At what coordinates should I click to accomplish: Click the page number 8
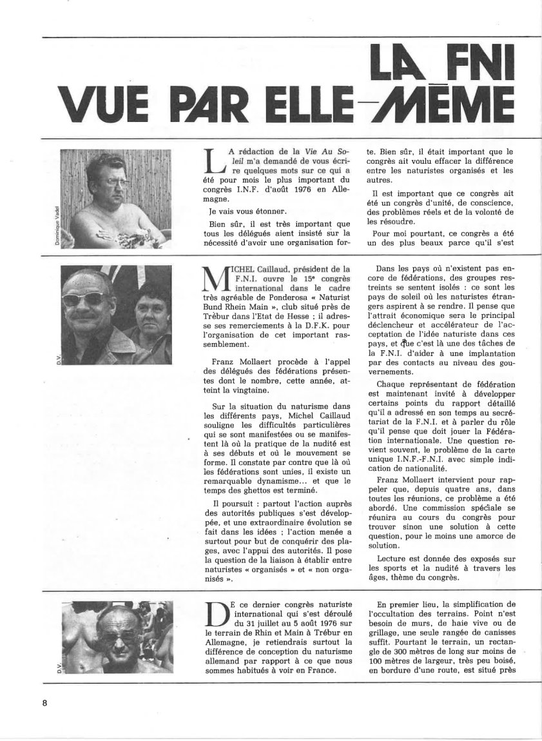[45, 702]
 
